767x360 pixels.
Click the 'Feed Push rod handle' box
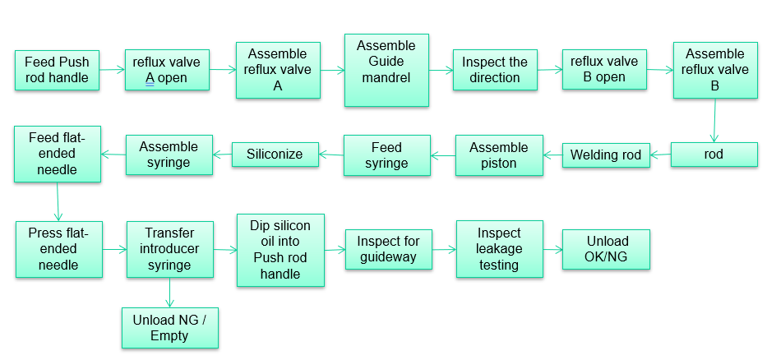[x=57, y=70]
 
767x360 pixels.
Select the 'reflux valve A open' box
[x=168, y=70]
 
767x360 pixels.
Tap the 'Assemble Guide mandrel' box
[x=386, y=70]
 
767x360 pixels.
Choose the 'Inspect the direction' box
[x=495, y=70]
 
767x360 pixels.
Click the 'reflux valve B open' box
[x=604, y=70]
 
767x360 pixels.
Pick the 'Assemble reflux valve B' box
[x=714, y=70]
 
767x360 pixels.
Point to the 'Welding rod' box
[x=606, y=155]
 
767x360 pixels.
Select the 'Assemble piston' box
[x=499, y=155]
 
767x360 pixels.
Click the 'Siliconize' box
[x=275, y=154]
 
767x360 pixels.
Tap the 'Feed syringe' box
[x=386, y=155]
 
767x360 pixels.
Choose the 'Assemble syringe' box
[x=169, y=155]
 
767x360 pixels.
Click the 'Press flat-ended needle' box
[x=58, y=249]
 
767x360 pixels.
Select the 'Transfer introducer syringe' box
[x=169, y=249]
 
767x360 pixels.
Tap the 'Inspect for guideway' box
[x=388, y=249]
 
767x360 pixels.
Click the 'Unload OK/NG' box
[x=607, y=249]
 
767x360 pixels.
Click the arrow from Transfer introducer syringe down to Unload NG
[x=169, y=292]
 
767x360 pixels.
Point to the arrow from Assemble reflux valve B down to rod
[x=714, y=121]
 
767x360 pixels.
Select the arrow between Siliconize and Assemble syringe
[x=221, y=154]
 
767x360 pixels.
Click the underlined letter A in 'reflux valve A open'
[x=150, y=79]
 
